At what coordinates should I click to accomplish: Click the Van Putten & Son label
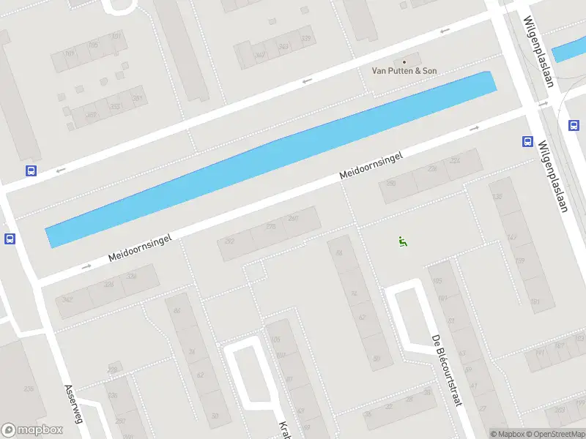tap(405, 70)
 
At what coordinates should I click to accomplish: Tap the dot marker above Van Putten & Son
tap(404, 61)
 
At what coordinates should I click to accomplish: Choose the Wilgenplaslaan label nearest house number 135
tap(553, 176)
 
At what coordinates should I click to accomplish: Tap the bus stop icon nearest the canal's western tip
tap(10, 239)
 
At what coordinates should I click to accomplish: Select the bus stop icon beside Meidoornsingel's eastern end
tap(527, 141)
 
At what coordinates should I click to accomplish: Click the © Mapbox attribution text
tap(507, 434)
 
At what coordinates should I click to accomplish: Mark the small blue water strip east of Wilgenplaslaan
tap(568, 50)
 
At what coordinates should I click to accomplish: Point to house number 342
tap(67, 300)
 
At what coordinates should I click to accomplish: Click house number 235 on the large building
tap(29, 389)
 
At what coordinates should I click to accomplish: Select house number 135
tap(498, 198)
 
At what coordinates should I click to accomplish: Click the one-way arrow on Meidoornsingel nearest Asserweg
tap(86, 266)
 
